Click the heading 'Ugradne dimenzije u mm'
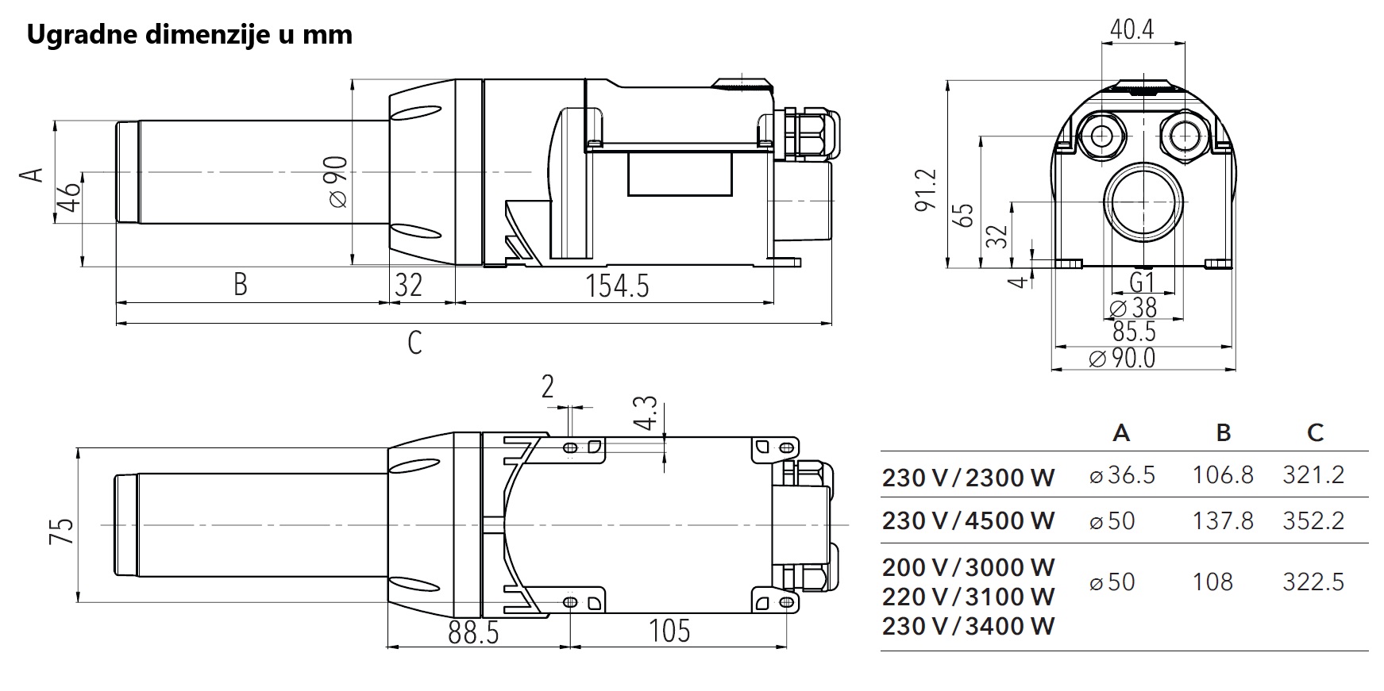tap(189, 36)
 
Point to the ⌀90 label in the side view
tap(337, 182)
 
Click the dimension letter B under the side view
tap(241, 284)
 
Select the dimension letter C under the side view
tap(414, 343)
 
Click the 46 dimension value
tap(71, 198)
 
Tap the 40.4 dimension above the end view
tap(1132, 30)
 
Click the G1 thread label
tap(1141, 282)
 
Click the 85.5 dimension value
tap(1134, 332)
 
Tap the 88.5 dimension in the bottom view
tap(473, 632)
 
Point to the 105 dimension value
tap(669, 632)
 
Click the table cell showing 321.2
tap(1313, 475)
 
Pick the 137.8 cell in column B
tap(1223, 520)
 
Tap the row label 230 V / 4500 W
tap(968, 521)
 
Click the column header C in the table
tap(1315, 433)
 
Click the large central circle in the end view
tap(1143, 202)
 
